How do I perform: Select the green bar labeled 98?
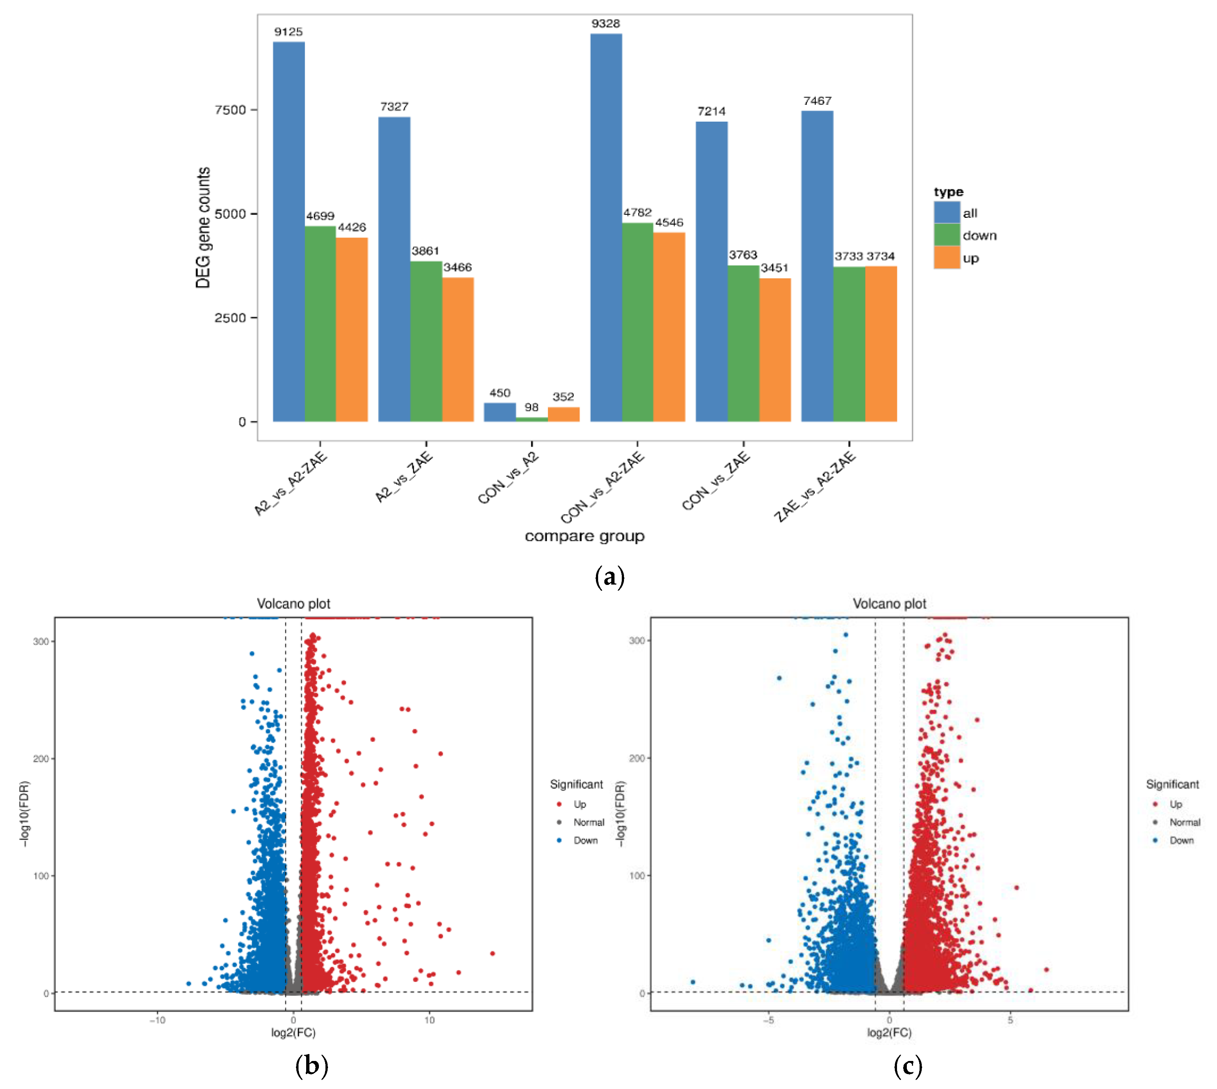coord(531,420)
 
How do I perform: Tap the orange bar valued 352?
coord(563,414)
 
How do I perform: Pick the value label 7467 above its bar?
coord(817,101)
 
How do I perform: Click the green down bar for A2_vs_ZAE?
coord(426,341)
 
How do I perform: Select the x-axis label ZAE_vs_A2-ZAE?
coord(814,486)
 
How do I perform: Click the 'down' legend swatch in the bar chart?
coord(946,235)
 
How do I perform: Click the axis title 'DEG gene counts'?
coord(204,227)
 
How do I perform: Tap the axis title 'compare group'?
coord(584,536)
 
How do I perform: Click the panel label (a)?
coord(609,577)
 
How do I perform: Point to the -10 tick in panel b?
coord(157,1020)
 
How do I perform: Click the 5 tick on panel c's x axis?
coord(1010,1020)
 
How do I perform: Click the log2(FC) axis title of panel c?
coord(889,1032)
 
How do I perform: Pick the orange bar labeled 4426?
coord(352,329)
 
